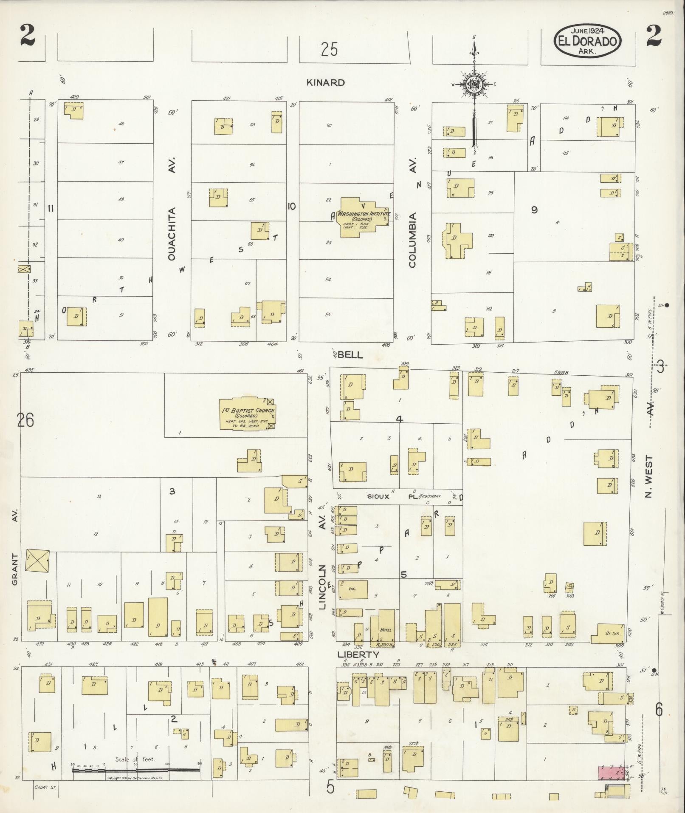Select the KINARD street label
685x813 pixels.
pyautogui.click(x=326, y=82)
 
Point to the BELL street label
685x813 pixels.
pyautogui.click(x=351, y=355)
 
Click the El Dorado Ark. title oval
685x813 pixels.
pyautogui.click(x=588, y=41)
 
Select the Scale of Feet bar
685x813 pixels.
pyautogui.click(x=136, y=770)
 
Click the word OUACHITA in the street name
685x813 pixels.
pyautogui.click(x=172, y=234)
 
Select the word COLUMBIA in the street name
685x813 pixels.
pyautogui.click(x=412, y=240)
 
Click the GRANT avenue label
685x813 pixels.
pyautogui.click(x=15, y=569)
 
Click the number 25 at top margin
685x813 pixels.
pyautogui.click(x=329, y=50)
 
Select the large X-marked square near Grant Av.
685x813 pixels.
pyautogui.click(x=37, y=560)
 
